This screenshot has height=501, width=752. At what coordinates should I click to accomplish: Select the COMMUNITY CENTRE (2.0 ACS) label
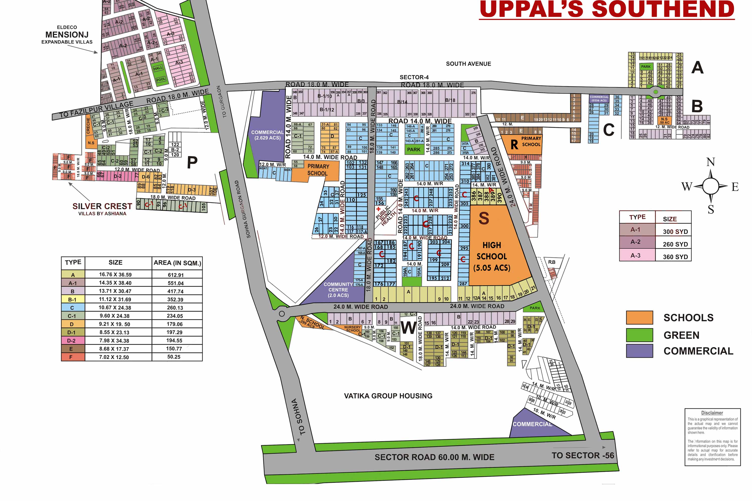click(338, 289)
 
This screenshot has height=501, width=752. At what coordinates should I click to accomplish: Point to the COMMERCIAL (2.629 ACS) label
click(267, 135)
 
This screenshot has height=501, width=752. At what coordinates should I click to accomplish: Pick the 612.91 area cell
click(176, 275)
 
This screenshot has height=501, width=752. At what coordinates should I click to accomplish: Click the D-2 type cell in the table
click(72, 341)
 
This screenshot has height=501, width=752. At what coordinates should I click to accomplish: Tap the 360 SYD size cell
click(675, 257)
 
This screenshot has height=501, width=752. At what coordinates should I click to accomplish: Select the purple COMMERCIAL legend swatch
click(639, 351)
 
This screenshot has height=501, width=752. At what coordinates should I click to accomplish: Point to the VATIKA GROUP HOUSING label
click(388, 396)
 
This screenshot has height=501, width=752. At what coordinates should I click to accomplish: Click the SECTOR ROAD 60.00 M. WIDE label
click(434, 457)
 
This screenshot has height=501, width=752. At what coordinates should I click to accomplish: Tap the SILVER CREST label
click(102, 206)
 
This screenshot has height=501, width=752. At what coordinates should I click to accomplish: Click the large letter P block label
click(192, 162)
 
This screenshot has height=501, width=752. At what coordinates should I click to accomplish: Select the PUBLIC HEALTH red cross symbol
click(379, 209)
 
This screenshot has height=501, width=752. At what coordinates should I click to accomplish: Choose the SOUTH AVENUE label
click(468, 64)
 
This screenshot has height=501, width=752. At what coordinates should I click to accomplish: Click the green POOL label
click(161, 79)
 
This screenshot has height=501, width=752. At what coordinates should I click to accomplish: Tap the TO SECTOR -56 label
click(583, 455)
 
